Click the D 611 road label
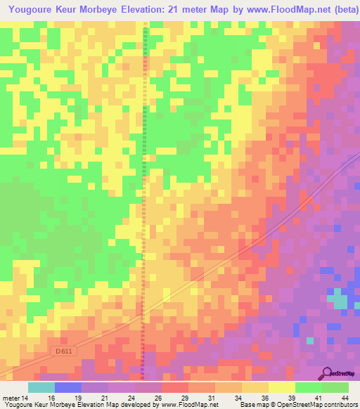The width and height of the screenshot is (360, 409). pos(64,351)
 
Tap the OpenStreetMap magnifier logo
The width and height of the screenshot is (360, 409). pos(327,372)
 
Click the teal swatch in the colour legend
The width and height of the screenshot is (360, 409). pos(41,387)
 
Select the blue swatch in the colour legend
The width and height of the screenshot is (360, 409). pos(68,387)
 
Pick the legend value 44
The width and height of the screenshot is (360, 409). pos(345,397)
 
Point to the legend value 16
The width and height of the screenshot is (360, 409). pos(51,397)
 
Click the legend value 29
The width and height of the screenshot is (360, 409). pos(184,397)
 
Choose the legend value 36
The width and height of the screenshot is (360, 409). pos(264,397)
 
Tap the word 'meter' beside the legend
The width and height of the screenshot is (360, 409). pos(12,397)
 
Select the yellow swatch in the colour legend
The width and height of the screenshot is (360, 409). pos(282,387)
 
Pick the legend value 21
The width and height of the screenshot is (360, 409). pos(104,397)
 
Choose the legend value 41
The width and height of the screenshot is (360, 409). pos(318,397)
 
